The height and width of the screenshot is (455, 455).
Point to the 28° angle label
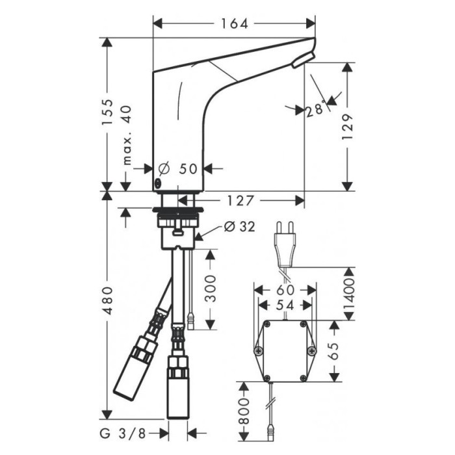pyautogui.click(x=315, y=110)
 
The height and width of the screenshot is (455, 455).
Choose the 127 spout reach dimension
pyautogui.click(x=241, y=200)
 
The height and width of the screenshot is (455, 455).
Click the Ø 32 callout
pyautogui.click(x=238, y=226)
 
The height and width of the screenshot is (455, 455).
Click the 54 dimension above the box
pyautogui.click(x=285, y=304)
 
